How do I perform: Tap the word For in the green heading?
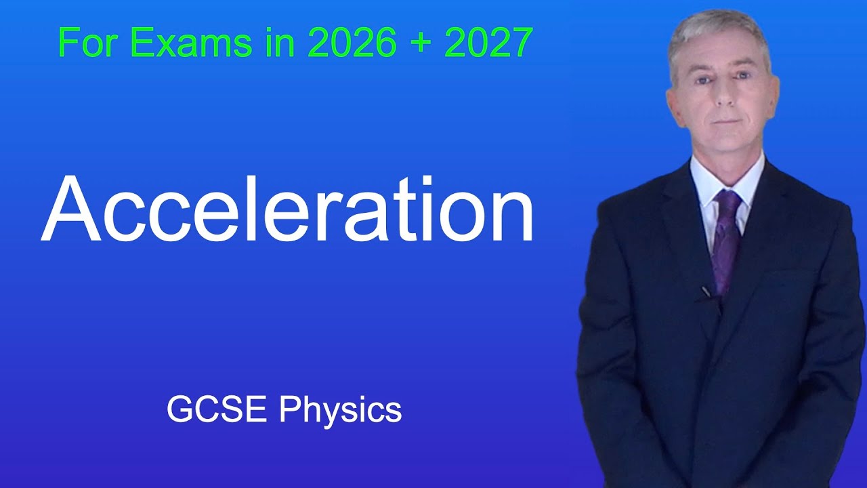pyautogui.click(x=88, y=43)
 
